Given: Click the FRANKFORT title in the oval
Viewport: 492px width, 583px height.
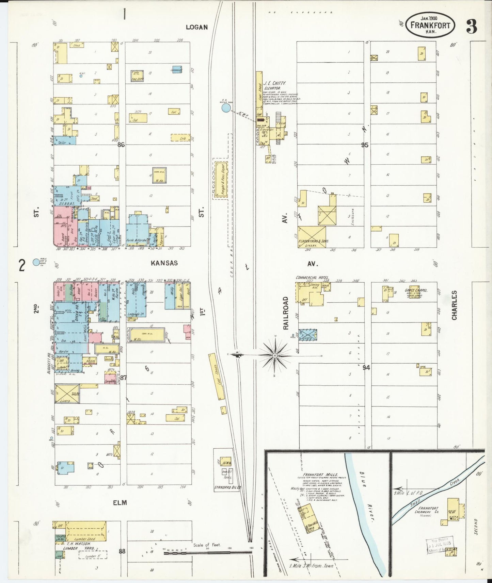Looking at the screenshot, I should point(430,26).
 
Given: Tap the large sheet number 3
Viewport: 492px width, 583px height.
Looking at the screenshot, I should point(471,27).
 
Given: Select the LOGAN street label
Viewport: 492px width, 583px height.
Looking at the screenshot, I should point(196,27).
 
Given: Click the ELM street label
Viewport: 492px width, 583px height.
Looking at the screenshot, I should point(120,502).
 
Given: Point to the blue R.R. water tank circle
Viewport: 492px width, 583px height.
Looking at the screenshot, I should point(226,108).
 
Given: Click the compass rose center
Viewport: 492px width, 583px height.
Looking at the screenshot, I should point(275,355).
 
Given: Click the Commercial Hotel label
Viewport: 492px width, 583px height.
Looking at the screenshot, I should point(312,278).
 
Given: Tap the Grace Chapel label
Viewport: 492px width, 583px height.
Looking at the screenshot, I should point(416,290).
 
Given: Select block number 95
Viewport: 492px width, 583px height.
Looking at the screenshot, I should point(365,145).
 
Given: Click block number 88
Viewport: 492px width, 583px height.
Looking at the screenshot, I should point(122,551).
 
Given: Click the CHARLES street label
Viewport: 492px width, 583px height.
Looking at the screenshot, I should point(454,305).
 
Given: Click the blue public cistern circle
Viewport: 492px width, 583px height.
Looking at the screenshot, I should point(36,262).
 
